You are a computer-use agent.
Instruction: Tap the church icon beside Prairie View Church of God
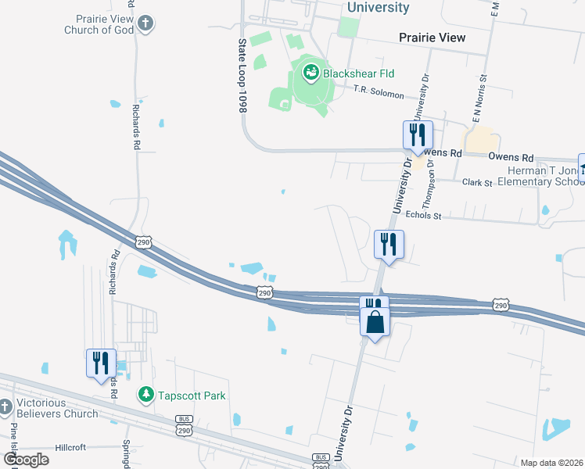coord(145,23)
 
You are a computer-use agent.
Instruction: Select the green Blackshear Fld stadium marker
coord(310,73)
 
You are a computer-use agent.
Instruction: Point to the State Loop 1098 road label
coord(242,77)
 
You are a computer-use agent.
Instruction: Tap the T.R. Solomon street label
coord(379,93)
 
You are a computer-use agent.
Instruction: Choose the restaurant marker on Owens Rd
coord(417,134)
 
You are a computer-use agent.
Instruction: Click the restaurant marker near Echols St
coord(388,244)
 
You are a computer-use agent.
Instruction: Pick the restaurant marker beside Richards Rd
coord(101,363)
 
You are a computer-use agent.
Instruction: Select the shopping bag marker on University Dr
coord(375,320)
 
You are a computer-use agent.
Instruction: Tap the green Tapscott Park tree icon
coord(145,396)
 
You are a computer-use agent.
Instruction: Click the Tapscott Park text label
coord(192,396)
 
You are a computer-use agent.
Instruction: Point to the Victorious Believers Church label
coord(55,408)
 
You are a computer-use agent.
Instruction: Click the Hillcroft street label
coord(75,447)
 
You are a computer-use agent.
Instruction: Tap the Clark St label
coord(476,183)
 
